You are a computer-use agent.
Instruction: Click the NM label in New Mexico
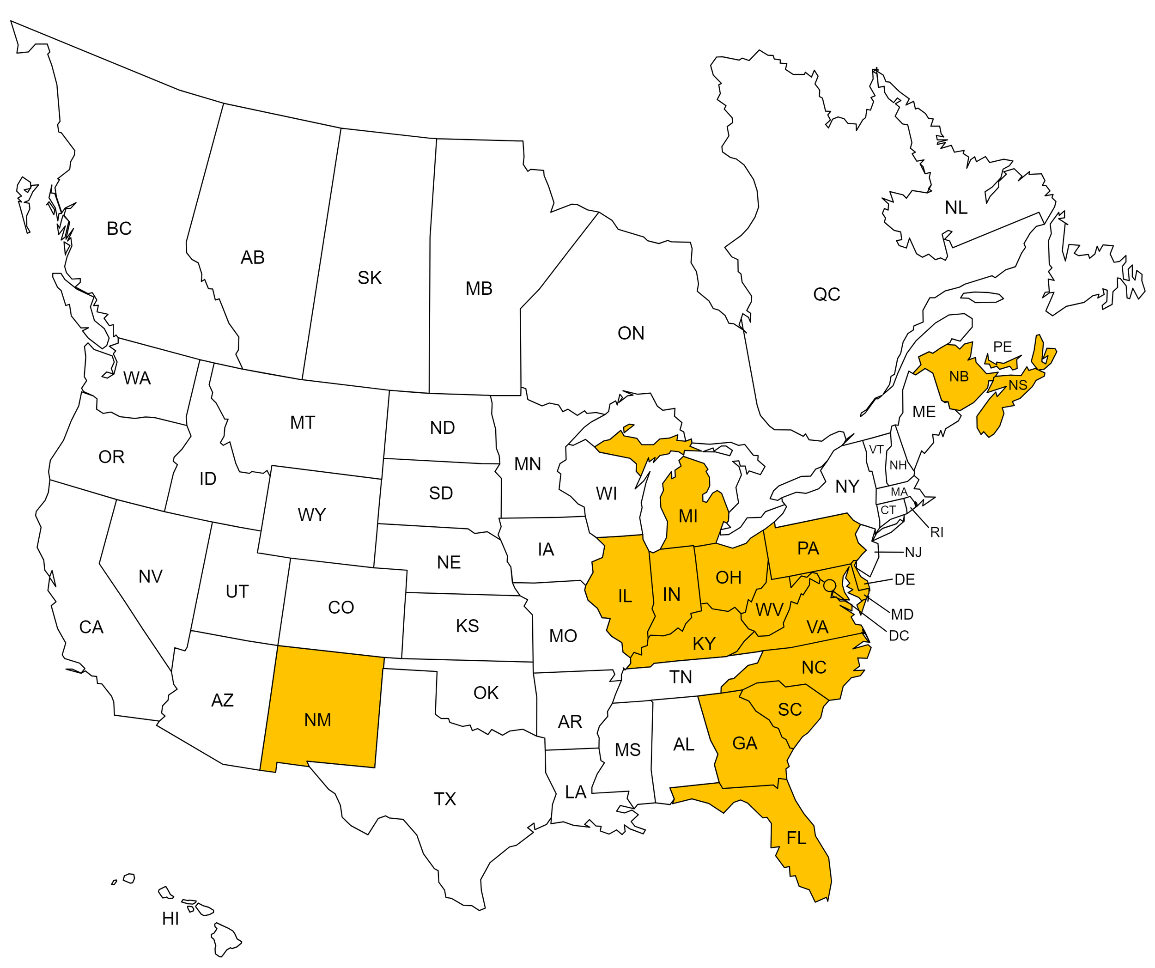(x=317, y=720)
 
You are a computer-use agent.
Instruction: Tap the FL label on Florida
(x=796, y=838)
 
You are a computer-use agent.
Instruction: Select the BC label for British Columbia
(x=119, y=229)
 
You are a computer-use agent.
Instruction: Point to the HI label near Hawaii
(x=170, y=919)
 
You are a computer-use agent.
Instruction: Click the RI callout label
(x=936, y=532)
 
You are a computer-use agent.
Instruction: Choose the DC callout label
(x=899, y=636)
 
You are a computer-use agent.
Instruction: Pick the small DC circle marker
(x=829, y=585)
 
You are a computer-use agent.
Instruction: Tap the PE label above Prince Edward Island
(x=1002, y=347)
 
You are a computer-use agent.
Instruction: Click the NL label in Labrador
(x=956, y=208)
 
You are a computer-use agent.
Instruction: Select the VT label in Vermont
(x=876, y=450)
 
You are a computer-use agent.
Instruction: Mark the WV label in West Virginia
(x=769, y=610)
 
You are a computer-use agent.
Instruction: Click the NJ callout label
(x=913, y=552)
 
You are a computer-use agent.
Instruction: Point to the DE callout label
(x=905, y=580)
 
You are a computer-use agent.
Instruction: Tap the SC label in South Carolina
(x=790, y=710)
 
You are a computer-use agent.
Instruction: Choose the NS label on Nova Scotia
(x=1017, y=385)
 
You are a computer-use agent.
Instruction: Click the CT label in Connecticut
(x=888, y=511)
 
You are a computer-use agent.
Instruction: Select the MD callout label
(x=902, y=615)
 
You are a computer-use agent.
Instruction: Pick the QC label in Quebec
(x=826, y=295)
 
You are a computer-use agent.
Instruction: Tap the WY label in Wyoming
(x=311, y=515)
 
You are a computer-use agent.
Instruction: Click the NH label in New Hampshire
(x=898, y=465)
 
